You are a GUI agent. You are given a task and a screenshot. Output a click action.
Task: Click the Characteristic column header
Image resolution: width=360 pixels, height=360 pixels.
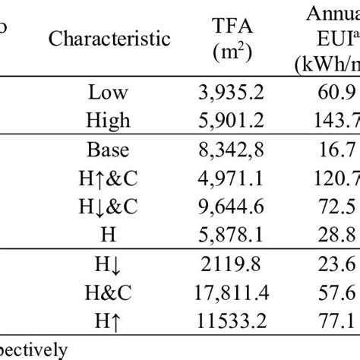coord(109,39)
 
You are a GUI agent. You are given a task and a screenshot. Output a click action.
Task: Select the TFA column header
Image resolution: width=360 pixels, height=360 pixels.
coord(230,28)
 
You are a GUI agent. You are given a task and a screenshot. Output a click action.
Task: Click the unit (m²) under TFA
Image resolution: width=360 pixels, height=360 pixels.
coord(230,54)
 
